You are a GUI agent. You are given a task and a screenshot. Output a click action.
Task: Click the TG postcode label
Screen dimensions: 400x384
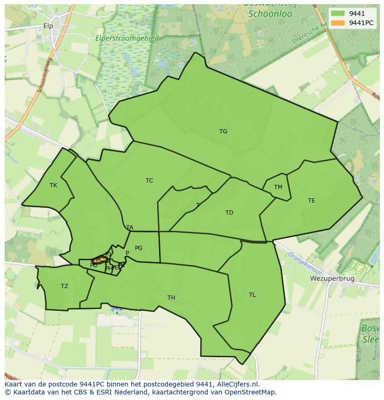point(223,131)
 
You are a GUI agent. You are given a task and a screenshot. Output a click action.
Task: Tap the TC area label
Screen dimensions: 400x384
point(149,181)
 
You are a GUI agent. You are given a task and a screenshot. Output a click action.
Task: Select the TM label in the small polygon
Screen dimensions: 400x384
point(278,187)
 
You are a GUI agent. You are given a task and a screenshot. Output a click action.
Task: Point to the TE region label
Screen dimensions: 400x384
point(312,201)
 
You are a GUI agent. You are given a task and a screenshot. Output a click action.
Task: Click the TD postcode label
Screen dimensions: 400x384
point(229,213)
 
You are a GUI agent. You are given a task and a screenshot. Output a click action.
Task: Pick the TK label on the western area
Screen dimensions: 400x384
point(53,185)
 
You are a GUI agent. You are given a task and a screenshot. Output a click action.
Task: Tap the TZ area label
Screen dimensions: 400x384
point(64,286)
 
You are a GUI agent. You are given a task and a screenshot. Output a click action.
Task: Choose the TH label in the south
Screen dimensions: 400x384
point(171,298)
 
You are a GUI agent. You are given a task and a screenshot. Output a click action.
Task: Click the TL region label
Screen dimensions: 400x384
point(252,295)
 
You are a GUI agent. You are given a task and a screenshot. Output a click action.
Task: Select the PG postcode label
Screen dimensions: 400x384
point(139,248)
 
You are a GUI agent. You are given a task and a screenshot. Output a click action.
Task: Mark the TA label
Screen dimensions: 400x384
point(130,228)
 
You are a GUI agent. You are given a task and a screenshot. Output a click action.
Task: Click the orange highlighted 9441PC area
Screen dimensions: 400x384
point(99,260)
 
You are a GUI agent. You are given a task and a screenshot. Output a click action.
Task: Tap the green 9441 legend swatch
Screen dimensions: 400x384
point(338,13)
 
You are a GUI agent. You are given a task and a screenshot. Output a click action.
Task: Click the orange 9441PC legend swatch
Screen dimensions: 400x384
point(338,23)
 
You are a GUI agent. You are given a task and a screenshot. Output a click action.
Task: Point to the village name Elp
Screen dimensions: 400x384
point(48,26)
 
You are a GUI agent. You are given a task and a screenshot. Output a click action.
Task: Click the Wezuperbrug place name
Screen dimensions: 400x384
point(332,279)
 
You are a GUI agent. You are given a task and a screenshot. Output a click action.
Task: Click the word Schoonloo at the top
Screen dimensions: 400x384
point(270,14)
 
